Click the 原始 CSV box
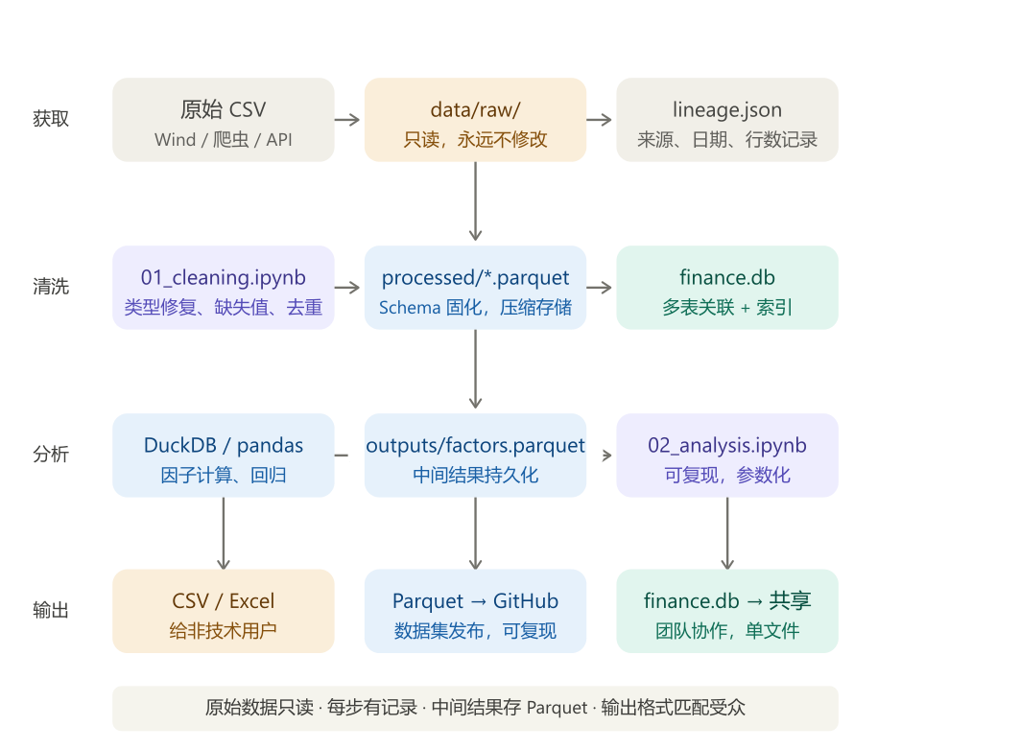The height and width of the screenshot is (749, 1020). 223,120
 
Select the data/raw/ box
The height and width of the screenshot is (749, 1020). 475,120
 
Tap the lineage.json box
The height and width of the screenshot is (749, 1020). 726,120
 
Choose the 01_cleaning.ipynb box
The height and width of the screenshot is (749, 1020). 223,288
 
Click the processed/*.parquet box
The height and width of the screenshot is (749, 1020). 475,288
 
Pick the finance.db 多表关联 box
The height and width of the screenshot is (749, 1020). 726,288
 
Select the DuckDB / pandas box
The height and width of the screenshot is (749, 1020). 223,456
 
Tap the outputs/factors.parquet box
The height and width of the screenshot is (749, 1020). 475,456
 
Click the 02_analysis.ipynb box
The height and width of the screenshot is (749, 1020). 726,456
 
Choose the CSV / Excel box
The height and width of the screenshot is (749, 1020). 223,611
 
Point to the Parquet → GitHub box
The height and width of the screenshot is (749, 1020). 475,611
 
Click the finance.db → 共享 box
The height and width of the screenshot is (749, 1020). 726,611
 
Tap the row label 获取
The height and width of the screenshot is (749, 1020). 51,120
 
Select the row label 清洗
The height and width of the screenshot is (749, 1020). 51,288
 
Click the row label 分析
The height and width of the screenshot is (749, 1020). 51,456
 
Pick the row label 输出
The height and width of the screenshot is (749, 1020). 51,611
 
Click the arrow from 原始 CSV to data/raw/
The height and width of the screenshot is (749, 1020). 347,120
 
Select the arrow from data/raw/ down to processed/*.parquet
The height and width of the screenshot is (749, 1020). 475,202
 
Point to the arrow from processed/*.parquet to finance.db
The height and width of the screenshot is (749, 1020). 600,288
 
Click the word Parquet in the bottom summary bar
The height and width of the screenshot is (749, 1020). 557,709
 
